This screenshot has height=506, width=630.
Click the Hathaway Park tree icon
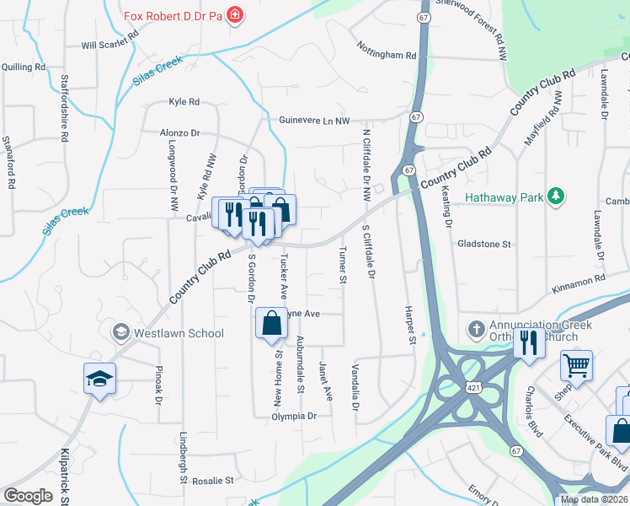555,197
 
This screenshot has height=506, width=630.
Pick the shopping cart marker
576,367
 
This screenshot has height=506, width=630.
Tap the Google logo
28,496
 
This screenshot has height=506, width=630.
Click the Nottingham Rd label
387,55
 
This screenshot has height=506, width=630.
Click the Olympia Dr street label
293,416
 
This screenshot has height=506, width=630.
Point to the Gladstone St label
484,244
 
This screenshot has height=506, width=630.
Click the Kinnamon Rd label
579,283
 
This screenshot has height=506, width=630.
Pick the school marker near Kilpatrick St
99,379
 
